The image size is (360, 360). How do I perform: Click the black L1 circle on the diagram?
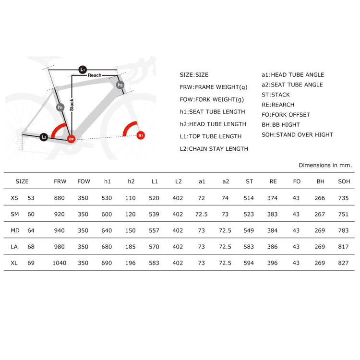click(x=83, y=69)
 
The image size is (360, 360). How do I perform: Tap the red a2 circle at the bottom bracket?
click(x=71, y=139)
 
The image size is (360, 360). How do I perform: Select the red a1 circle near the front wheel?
click(x=141, y=135)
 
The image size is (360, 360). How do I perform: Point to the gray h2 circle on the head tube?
click(x=120, y=85)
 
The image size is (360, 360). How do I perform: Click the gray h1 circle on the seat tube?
click(x=60, y=107)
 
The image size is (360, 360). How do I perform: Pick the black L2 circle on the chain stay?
click(x=44, y=137)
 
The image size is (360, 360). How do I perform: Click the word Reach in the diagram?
click(x=95, y=75)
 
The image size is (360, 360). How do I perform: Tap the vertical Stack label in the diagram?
click(x=72, y=105)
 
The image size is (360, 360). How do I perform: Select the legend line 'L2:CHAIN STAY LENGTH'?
click(x=214, y=149)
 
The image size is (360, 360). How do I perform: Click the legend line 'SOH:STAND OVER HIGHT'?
click(x=297, y=134)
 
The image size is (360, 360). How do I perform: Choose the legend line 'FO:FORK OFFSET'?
click(x=286, y=115)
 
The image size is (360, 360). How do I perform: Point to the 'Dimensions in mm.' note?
click(x=325, y=165)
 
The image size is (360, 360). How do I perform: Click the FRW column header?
click(x=60, y=181)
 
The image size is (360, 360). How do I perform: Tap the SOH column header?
click(x=344, y=181)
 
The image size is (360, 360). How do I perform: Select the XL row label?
click(x=14, y=263)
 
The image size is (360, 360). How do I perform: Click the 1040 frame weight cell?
click(x=59, y=263)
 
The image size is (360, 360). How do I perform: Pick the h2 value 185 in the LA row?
click(x=130, y=247)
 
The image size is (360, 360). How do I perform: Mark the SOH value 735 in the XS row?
click(x=343, y=198)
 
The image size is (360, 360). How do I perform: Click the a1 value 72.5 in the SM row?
click(x=201, y=214)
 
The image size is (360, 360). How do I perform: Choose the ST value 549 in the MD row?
click(x=249, y=230)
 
